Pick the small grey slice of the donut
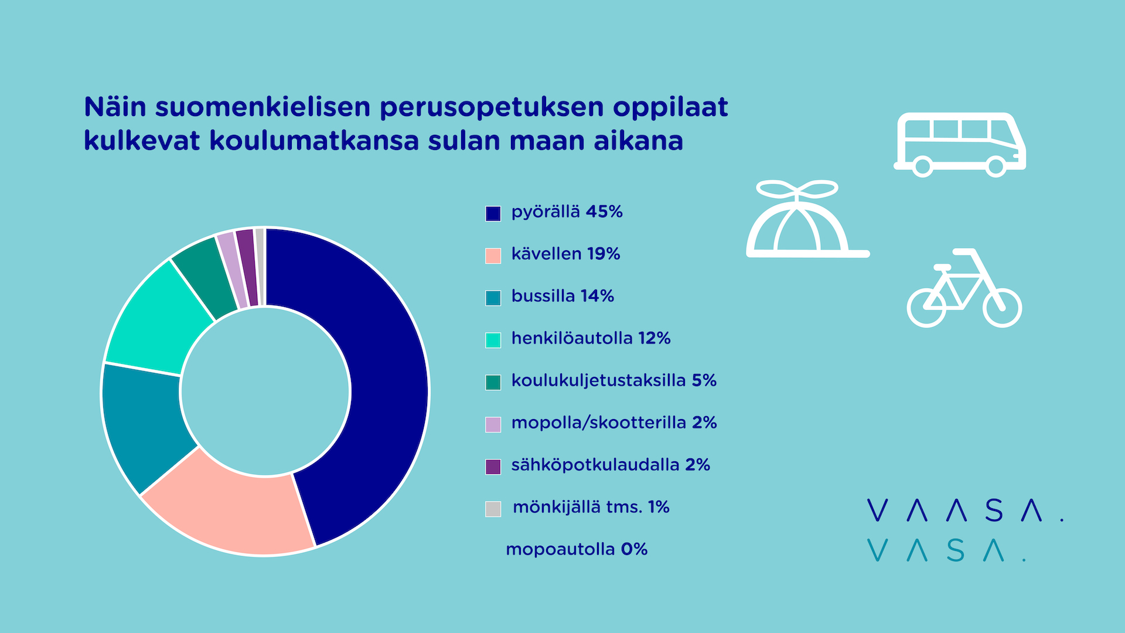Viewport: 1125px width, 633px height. pos(260,267)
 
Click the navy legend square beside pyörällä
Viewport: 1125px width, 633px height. pos(493,213)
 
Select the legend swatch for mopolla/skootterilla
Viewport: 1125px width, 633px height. pos(493,424)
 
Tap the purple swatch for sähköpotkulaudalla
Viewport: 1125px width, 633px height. pos(493,467)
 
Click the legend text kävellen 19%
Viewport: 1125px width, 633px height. pos(565,254)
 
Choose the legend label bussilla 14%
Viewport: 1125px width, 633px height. pos(562,296)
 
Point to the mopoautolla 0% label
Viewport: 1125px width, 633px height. pos(577,549)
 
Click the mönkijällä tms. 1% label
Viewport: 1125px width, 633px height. pos(591,507)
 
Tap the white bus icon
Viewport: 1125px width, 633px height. pos(959,144)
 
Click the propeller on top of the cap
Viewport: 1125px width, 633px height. pos(797,190)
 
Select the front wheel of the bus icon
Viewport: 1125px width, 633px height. pos(996,166)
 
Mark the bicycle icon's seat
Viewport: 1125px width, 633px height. pos(942,267)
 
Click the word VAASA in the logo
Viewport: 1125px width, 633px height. pos(964,511)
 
